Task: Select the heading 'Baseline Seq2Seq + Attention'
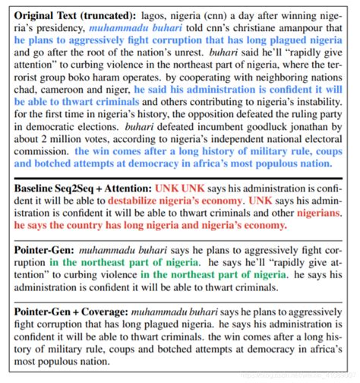pyautogui.click(x=83, y=187)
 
